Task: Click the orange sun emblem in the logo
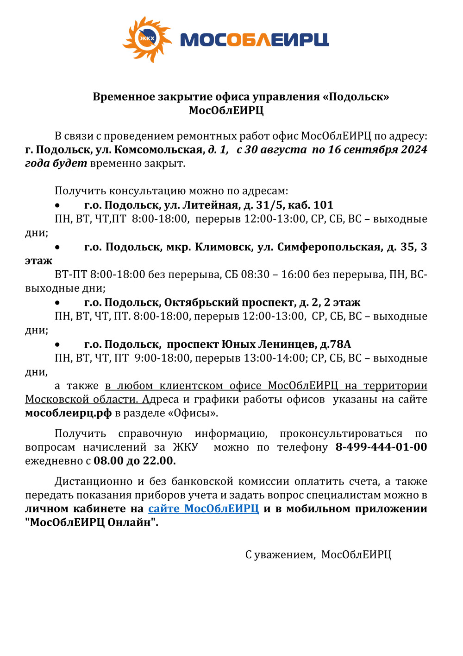(147, 39)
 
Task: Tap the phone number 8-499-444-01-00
(381, 447)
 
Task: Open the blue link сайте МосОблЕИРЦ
(203, 509)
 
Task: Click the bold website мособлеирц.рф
(69, 413)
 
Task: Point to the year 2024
(414, 150)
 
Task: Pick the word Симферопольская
(329, 247)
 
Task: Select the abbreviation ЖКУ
(185, 447)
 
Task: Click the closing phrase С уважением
(280, 554)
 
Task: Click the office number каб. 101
(310, 205)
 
